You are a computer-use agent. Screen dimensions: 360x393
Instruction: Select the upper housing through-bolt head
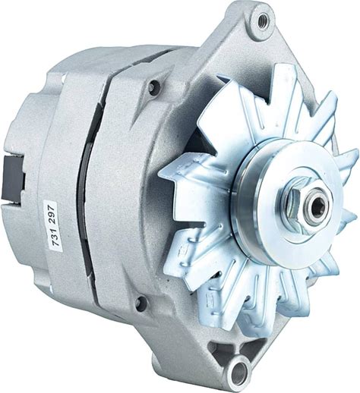point(153,86)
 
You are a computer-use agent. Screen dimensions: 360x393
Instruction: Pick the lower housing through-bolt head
point(141,302)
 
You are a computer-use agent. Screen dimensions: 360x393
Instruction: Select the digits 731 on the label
point(53,239)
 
